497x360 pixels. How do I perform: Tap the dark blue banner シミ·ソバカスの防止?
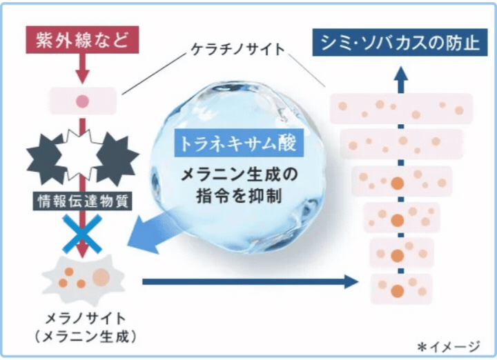(x=396, y=42)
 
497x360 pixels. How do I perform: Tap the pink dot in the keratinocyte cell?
(x=82, y=101)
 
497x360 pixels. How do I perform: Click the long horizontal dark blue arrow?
(x=248, y=281)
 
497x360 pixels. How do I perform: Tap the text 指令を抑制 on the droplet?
(x=237, y=196)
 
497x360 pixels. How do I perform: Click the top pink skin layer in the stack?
(x=401, y=108)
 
